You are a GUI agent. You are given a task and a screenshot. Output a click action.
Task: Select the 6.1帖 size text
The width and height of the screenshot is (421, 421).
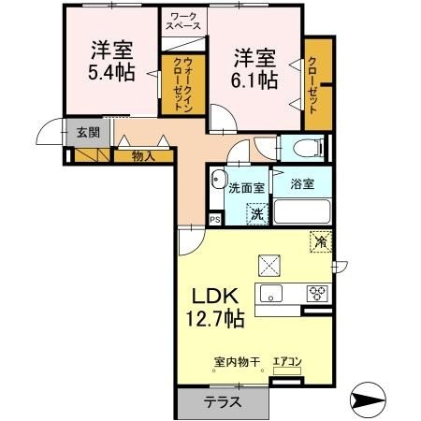tap(254, 80)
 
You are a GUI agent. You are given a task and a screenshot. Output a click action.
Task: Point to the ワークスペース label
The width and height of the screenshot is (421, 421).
tap(183, 21)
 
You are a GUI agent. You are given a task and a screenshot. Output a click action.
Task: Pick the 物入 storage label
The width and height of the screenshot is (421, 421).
tap(142, 155)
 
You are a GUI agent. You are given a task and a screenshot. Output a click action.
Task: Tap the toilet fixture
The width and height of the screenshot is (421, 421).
tap(304, 148)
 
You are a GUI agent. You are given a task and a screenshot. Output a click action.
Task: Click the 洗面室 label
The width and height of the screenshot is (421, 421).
tap(246, 187)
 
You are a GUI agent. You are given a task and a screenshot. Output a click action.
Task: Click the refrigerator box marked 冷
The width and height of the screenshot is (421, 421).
tap(320, 241)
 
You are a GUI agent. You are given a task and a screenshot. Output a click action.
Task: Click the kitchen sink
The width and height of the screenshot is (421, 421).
tap(273, 295)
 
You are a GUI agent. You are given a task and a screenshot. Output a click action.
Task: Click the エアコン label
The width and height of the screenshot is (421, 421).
tap(286, 361)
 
